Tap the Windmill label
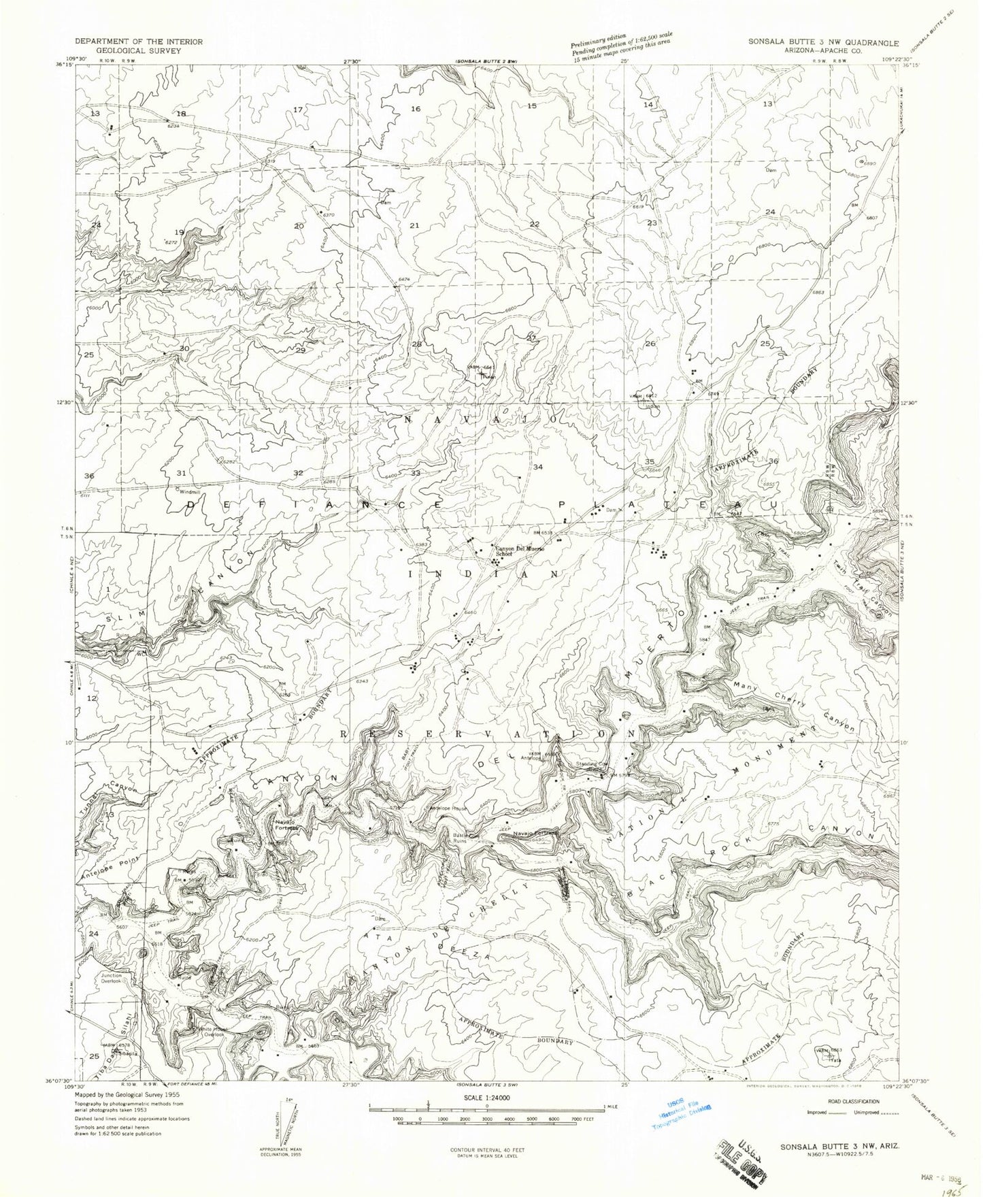click(191, 491)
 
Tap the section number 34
click(538, 467)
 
